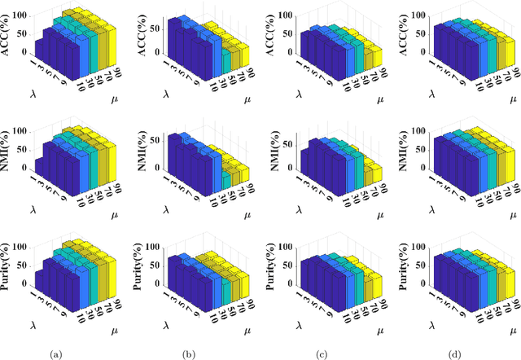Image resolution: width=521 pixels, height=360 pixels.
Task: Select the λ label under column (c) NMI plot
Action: pyautogui.click(x=301, y=212)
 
